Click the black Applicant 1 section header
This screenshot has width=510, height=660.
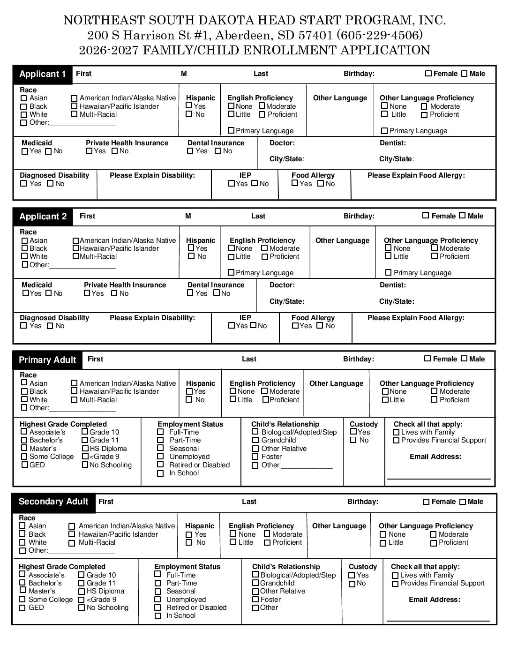coord(43,74)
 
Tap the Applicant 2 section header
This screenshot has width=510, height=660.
coord(43,217)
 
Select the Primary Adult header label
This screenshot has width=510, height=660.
coord(47,360)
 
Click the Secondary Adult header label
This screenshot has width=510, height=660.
coord(53,502)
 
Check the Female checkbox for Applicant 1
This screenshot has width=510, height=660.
coord(428,74)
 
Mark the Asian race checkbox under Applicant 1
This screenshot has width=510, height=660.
coord(24,98)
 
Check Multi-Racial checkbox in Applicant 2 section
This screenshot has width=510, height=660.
coord(76,256)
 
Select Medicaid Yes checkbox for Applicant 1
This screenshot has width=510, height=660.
coord(25,151)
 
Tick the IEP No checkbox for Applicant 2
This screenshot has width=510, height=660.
coord(253,326)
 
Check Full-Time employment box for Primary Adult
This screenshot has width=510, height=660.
coord(160,432)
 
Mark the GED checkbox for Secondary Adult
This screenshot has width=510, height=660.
coord(22,608)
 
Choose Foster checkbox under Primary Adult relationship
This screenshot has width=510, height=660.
coord(255,457)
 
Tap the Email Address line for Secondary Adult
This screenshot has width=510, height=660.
coord(438,620)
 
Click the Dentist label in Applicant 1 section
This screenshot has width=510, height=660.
coord(393,143)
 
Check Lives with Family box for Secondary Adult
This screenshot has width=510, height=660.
coord(395,576)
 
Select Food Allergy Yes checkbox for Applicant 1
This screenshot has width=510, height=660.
coord(295,183)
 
